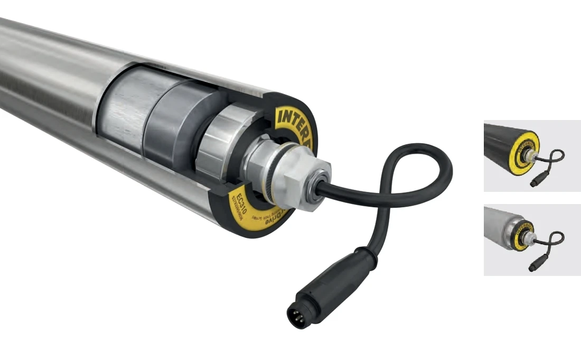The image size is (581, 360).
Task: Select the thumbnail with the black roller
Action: (x=532, y=155)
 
